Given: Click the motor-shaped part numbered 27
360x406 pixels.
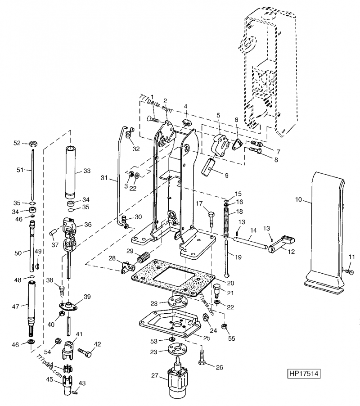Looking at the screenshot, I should coord(177,383).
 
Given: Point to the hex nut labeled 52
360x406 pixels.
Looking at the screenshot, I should coord(32,144).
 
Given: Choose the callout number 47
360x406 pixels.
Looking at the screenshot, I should coord(16,306).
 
